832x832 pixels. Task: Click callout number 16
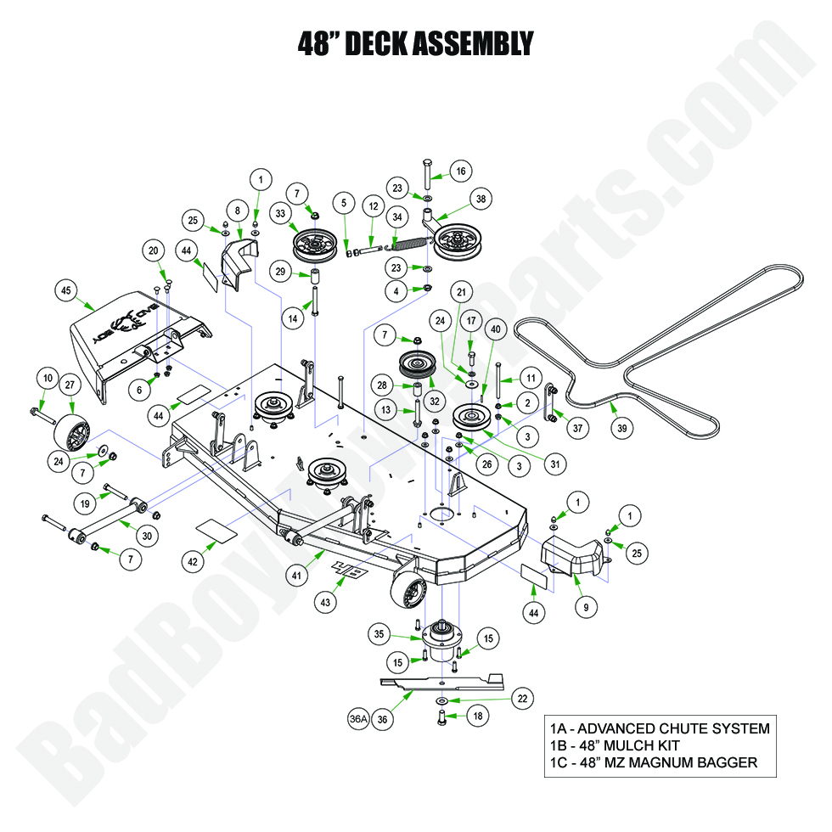pyautogui.click(x=460, y=171)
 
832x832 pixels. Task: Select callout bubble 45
pyautogui.click(x=65, y=290)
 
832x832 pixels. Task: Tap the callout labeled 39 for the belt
pyautogui.click(x=622, y=430)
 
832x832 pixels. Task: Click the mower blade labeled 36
pyautogui.click(x=441, y=681)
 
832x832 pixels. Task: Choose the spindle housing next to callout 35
pyautogui.click(x=443, y=640)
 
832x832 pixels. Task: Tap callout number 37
pyautogui.click(x=578, y=429)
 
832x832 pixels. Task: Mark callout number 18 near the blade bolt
pyautogui.click(x=478, y=717)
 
